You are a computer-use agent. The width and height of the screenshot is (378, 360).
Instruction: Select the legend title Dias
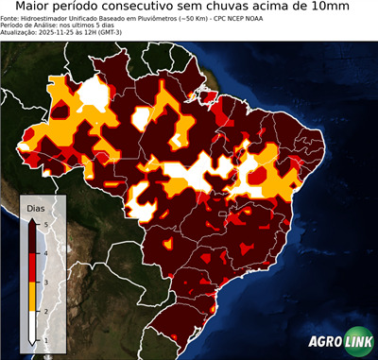[x=35, y=207]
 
